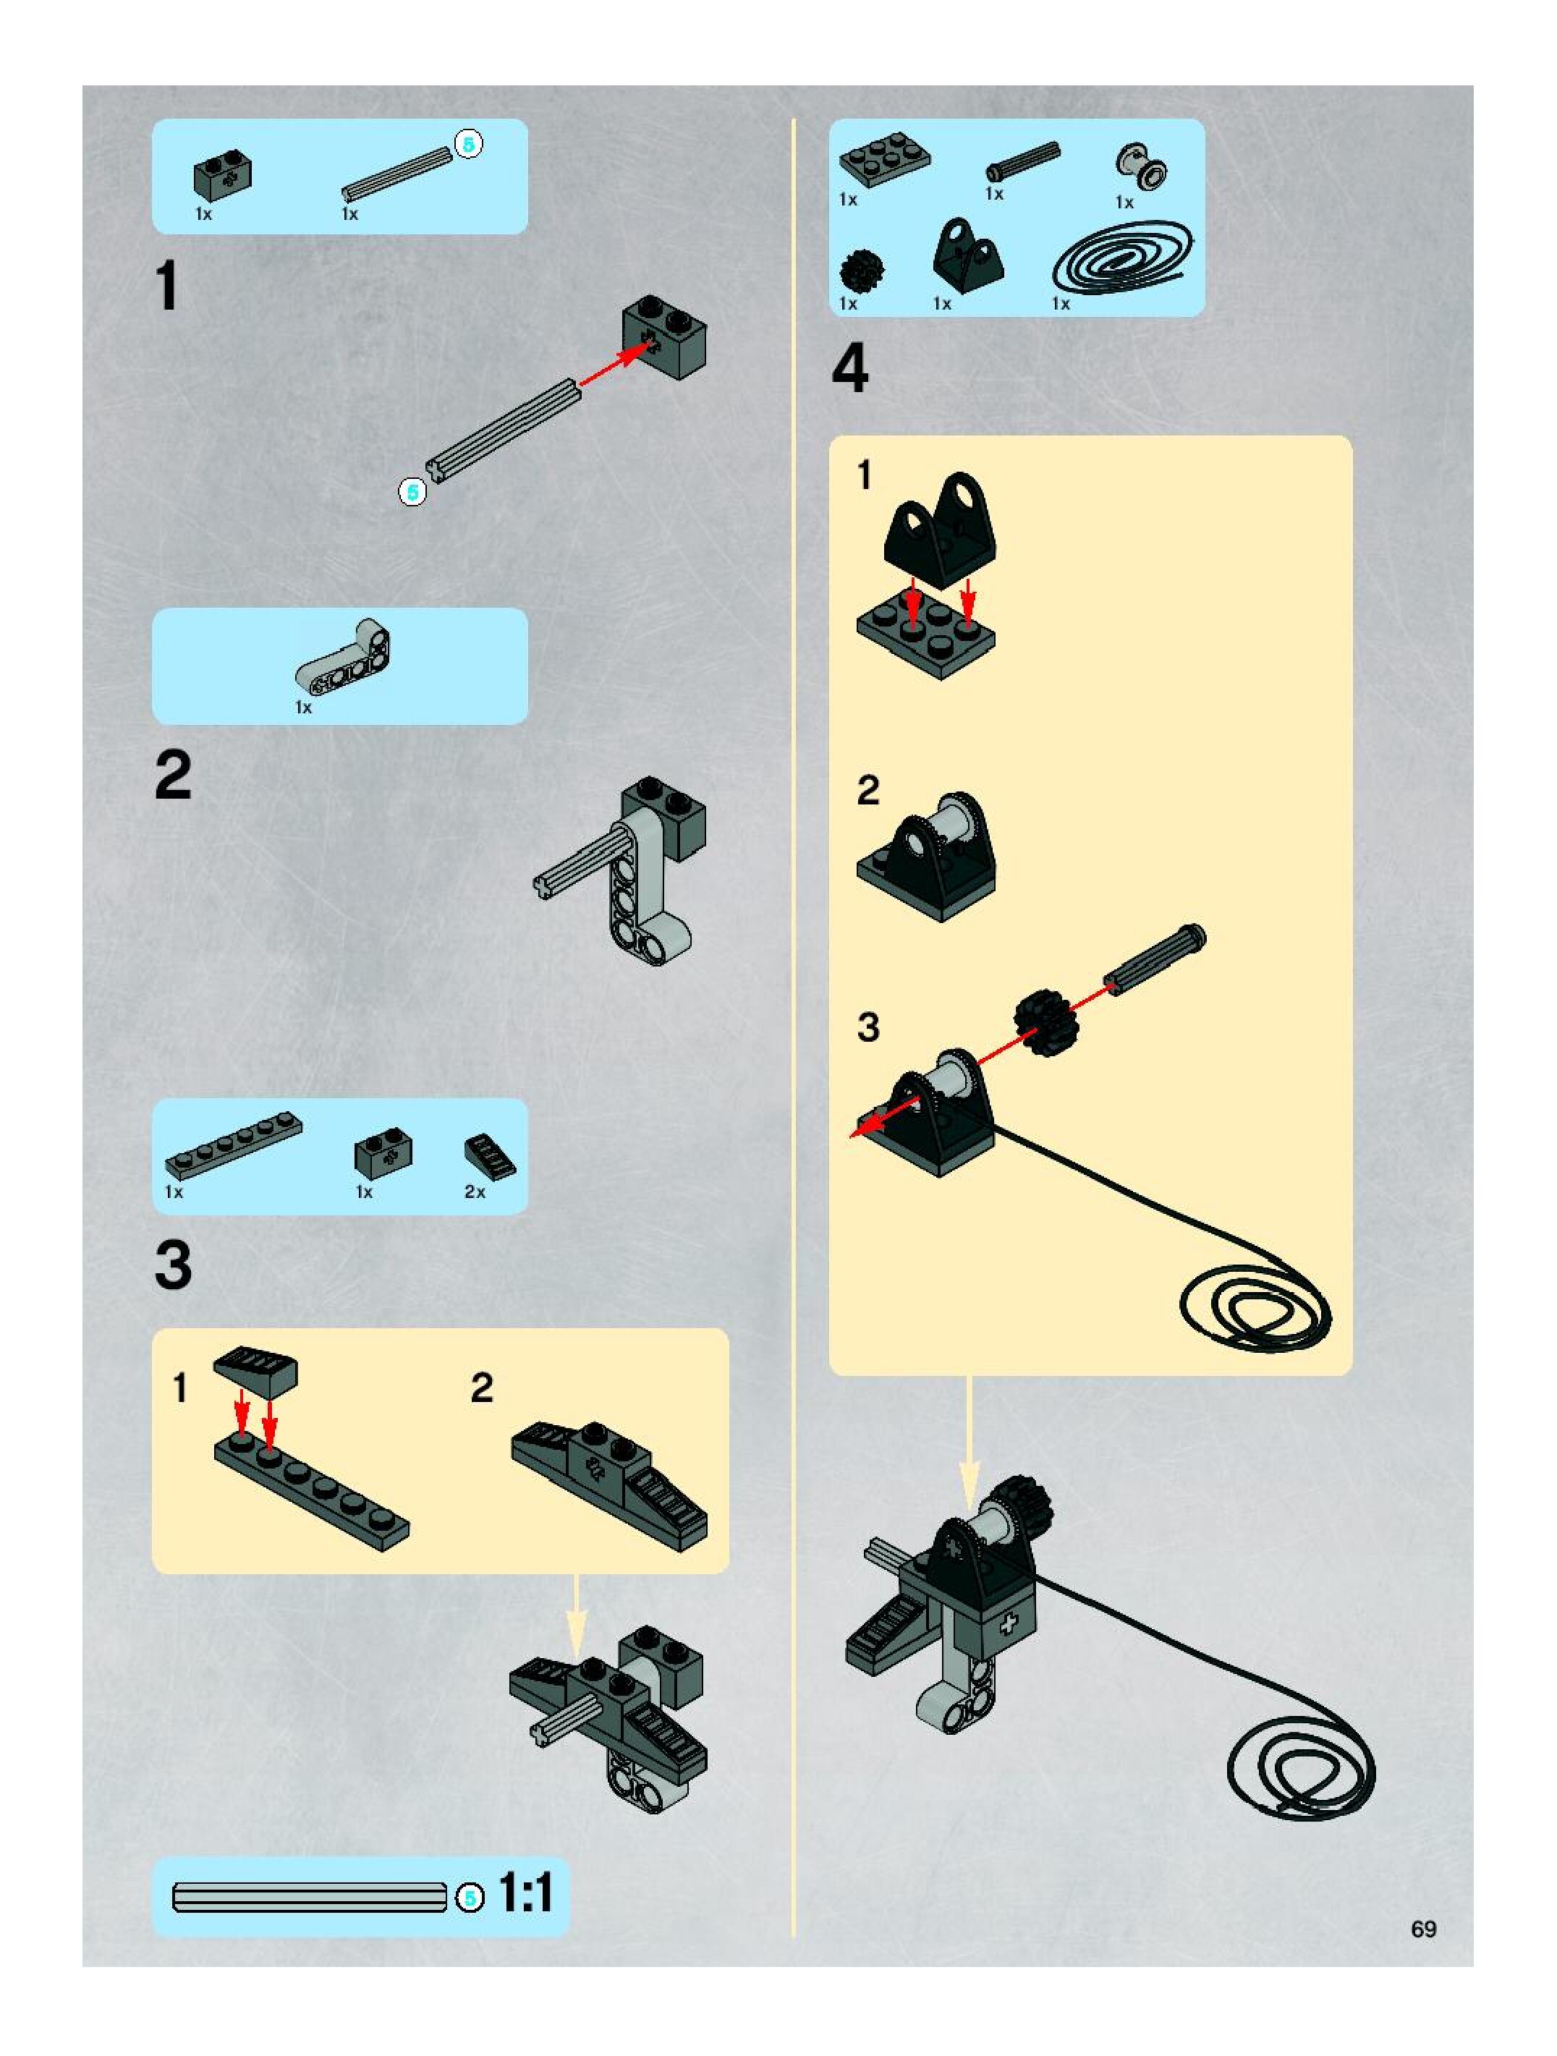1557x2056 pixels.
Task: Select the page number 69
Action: [x=1423, y=1929]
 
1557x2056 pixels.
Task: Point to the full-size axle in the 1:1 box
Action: [x=310, y=1897]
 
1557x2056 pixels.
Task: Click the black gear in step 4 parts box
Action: [x=861, y=271]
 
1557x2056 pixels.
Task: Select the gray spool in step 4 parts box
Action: [x=1142, y=167]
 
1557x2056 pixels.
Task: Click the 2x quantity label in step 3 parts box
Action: [x=474, y=1191]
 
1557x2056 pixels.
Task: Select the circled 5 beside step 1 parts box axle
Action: [x=469, y=143]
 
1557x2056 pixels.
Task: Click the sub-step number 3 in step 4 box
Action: [x=867, y=1027]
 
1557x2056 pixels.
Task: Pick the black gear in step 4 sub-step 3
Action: [x=1044, y=1021]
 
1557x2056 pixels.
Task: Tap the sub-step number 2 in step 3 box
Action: [x=482, y=1388]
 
